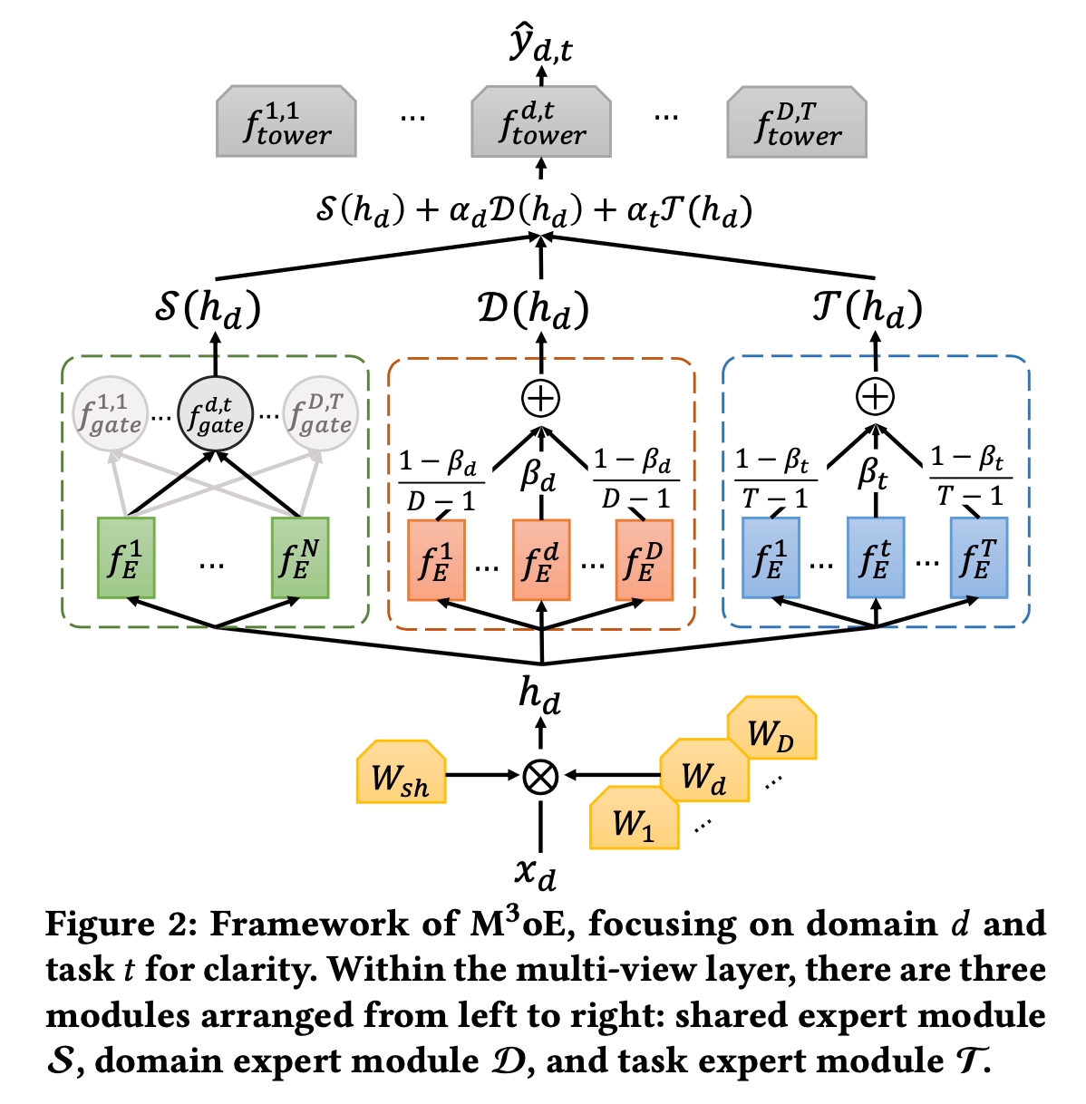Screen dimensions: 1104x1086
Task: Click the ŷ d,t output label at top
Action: point(541,44)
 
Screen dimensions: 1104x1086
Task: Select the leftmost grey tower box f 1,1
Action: point(286,121)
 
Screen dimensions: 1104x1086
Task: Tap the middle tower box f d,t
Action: point(541,121)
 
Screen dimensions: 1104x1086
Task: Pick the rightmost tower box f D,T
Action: point(797,121)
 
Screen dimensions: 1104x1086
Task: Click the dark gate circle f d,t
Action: point(216,413)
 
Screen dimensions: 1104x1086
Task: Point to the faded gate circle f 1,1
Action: point(110,413)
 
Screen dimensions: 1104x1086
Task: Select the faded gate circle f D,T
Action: point(321,413)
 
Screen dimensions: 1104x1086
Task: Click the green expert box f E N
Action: point(300,558)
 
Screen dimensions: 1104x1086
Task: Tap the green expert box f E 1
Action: point(126,558)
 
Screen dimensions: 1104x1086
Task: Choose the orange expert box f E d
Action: point(541,560)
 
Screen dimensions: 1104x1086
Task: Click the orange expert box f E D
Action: point(645,560)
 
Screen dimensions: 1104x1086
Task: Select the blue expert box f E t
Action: point(876,558)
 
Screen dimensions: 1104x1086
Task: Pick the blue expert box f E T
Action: point(979,558)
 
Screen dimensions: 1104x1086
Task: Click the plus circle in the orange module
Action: point(541,398)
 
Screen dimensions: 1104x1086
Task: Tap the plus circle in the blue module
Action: point(876,396)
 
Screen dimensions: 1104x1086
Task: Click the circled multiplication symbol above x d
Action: point(541,776)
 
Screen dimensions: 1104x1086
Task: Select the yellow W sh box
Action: point(401,772)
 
